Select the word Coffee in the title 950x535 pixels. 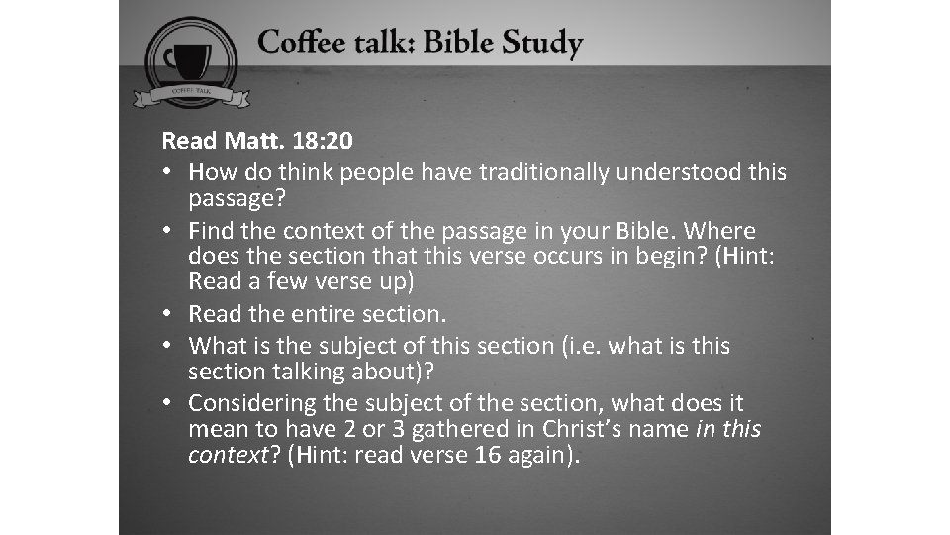pos(299,44)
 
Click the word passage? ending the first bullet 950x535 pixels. pos(237,199)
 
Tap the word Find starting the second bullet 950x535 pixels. pos(212,231)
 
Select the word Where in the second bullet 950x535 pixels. pos(719,231)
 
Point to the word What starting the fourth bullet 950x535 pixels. pos(217,346)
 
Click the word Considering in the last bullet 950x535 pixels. pos(251,403)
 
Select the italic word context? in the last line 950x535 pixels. pos(228,455)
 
